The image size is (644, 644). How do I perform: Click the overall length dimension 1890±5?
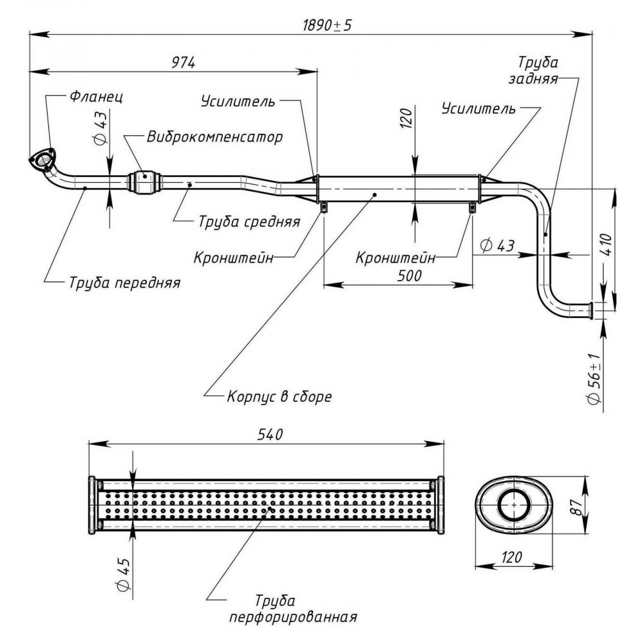click(x=327, y=26)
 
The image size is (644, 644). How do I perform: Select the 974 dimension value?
click(x=183, y=62)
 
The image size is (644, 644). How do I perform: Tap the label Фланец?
click(x=96, y=97)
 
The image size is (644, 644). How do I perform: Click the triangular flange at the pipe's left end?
click(x=42, y=160)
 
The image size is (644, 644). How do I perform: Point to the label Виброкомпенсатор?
click(x=215, y=137)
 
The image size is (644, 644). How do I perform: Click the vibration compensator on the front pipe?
click(x=144, y=181)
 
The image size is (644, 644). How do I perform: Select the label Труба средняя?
click(x=249, y=222)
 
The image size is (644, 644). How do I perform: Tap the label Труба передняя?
click(x=124, y=283)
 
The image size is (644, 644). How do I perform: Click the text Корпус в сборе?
click(x=279, y=396)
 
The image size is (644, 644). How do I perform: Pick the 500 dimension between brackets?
click(x=410, y=275)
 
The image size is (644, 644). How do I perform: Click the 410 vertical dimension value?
click(x=608, y=245)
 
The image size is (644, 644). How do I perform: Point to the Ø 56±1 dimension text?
click(x=594, y=378)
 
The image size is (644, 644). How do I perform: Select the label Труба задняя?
click(x=534, y=70)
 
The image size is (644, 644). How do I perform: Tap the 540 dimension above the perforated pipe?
click(x=270, y=434)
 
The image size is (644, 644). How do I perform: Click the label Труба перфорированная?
click(x=293, y=608)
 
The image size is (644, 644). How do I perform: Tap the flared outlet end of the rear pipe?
click(x=590, y=310)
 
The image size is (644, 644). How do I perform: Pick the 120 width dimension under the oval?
click(x=511, y=557)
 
